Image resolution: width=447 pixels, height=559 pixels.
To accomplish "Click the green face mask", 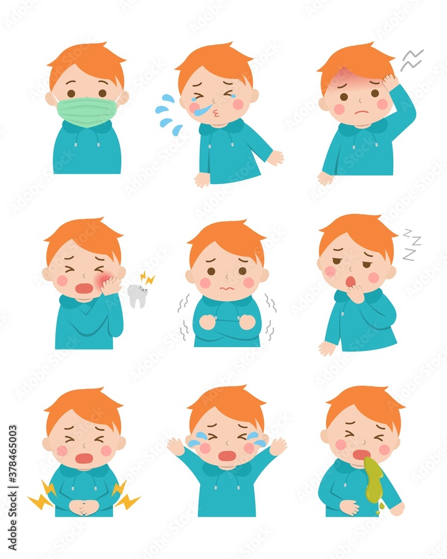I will click(87, 111).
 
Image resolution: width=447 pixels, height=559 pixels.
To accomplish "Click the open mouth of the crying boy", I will click(227, 456).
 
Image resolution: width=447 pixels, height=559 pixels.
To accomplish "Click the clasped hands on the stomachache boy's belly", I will click(84, 506).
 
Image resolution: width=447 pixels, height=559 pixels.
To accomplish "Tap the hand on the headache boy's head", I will click(390, 83).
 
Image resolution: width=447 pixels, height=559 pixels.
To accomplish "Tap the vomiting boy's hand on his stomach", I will click(349, 506).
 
